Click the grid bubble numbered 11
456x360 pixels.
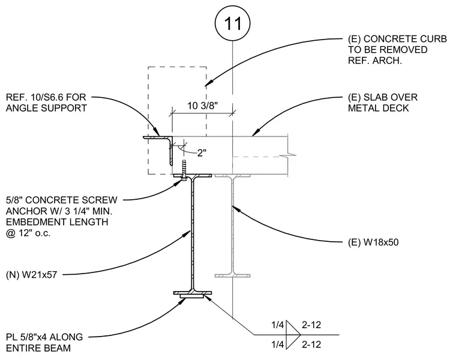point(232,23)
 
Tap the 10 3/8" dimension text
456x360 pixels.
point(202,106)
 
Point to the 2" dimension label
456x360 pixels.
point(202,152)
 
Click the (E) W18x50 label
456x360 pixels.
point(373,242)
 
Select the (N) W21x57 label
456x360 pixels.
point(31,275)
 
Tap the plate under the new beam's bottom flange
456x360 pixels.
point(191,296)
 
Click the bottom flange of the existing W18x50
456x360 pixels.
point(232,275)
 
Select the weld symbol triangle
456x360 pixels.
point(293,335)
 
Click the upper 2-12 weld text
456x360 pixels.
point(311,325)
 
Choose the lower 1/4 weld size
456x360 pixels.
point(277,344)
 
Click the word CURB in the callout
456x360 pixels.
point(431,39)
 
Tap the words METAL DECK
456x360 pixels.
point(379,108)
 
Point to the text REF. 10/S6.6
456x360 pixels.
point(39,97)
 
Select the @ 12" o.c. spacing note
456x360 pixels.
point(28,233)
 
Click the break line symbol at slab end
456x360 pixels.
point(288,155)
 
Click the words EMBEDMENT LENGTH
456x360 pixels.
point(57,222)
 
